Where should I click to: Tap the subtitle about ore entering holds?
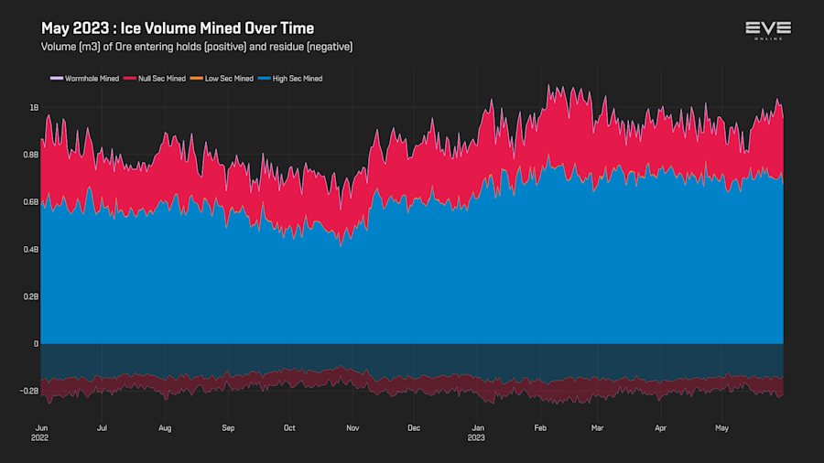tap(197, 47)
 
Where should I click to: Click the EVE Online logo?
tap(767, 30)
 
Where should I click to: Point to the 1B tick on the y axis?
tap(34, 108)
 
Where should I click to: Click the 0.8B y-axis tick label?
tap(31, 155)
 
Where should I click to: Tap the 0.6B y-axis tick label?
tap(31, 202)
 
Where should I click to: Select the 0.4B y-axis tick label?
tap(31, 250)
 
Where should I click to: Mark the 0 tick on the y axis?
tap(37, 344)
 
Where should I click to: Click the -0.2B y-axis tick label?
tap(29, 391)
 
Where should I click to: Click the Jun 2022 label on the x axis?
tap(41, 432)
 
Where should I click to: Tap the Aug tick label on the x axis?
tap(165, 427)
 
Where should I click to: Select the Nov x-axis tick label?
tap(352, 427)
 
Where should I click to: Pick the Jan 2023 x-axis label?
tap(476, 432)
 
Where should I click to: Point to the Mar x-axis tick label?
tap(597, 427)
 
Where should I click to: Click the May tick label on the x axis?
tap(723, 427)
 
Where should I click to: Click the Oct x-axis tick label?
tap(289, 427)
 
